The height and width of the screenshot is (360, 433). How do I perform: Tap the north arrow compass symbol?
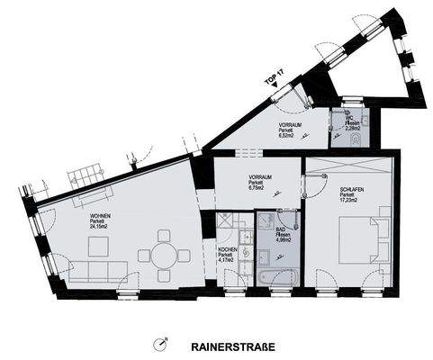(x=161, y=344)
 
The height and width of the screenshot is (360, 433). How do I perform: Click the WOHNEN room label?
(x=99, y=217)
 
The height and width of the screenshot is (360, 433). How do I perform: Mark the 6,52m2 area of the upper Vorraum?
(x=289, y=136)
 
